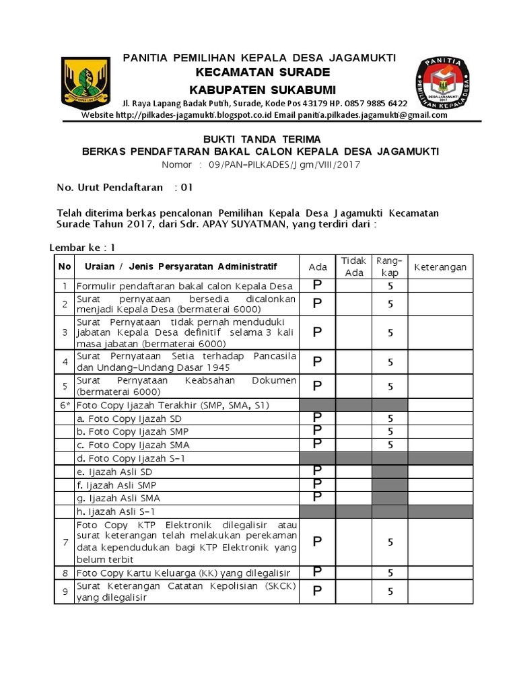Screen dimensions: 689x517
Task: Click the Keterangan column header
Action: (x=440, y=267)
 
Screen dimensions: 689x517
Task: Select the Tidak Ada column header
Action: (x=354, y=266)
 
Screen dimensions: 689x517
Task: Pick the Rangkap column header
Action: (x=390, y=266)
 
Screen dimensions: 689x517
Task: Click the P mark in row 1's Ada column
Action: (x=317, y=285)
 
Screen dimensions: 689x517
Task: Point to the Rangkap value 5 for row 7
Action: (x=390, y=542)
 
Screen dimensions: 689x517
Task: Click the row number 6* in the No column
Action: (x=65, y=405)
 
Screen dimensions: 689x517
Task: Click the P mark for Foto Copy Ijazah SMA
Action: (x=317, y=443)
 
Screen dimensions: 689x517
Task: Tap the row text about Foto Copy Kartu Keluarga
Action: (x=183, y=573)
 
